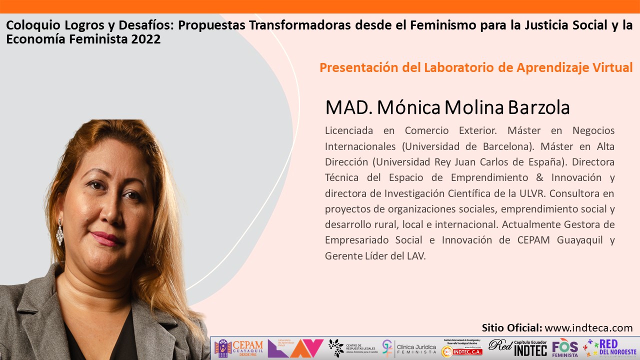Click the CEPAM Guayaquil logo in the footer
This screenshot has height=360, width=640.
pyautogui.click(x=238, y=348)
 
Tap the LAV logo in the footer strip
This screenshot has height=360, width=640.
pyautogui.click(x=295, y=348)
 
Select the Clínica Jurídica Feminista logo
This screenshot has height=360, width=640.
pyautogui.click(x=409, y=348)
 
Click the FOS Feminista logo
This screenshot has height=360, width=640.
pyautogui.click(x=564, y=348)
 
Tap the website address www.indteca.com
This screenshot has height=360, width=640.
pyautogui.click(x=588, y=328)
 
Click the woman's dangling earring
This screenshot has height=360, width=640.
pyautogui.click(x=60, y=232)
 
